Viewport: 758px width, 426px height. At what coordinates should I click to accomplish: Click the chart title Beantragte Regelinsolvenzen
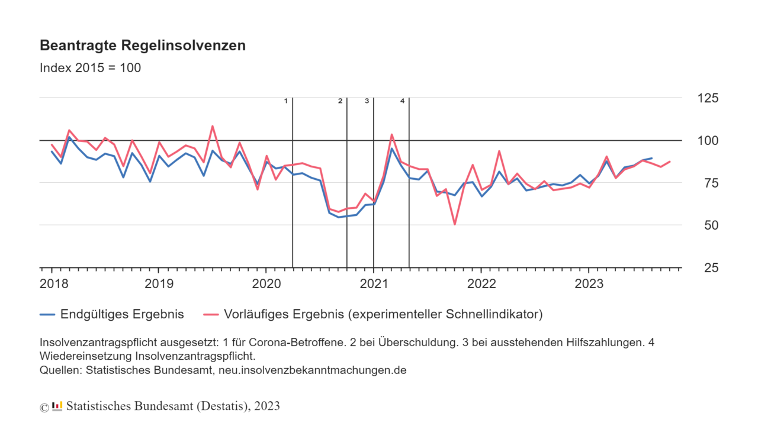(x=142, y=46)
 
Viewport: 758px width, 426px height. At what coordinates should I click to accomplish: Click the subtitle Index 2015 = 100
(x=90, y=67)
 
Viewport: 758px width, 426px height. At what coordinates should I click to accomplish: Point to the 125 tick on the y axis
(x=707, y=98)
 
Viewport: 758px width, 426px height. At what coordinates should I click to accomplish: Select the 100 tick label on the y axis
(x=707, y=141)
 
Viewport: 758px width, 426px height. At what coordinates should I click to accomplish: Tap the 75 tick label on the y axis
(x=707, y=183)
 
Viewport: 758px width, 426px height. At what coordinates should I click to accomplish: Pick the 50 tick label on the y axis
(x=707, y=225)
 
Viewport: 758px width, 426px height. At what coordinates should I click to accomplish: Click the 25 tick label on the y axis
(x=707, y=268)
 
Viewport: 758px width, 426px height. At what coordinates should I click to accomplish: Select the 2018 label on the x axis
(x=54, y=283)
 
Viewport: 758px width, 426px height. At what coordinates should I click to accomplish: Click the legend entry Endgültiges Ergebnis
(x=121, y=314)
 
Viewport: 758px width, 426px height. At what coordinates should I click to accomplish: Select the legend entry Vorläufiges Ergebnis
(x=383, y=314)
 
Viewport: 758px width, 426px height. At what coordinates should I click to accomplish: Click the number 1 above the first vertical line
(x=286, y=101)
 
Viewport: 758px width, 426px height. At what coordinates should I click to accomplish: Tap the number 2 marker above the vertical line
(x=340, y=101)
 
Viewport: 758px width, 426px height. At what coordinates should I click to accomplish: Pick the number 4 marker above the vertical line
(x=402, y=101)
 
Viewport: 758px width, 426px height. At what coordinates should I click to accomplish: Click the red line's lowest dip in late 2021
(x=455, y=224)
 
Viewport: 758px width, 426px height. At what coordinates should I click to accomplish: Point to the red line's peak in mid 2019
(x=213, y=126)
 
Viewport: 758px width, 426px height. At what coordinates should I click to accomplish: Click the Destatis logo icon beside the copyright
(x=57, y=406)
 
